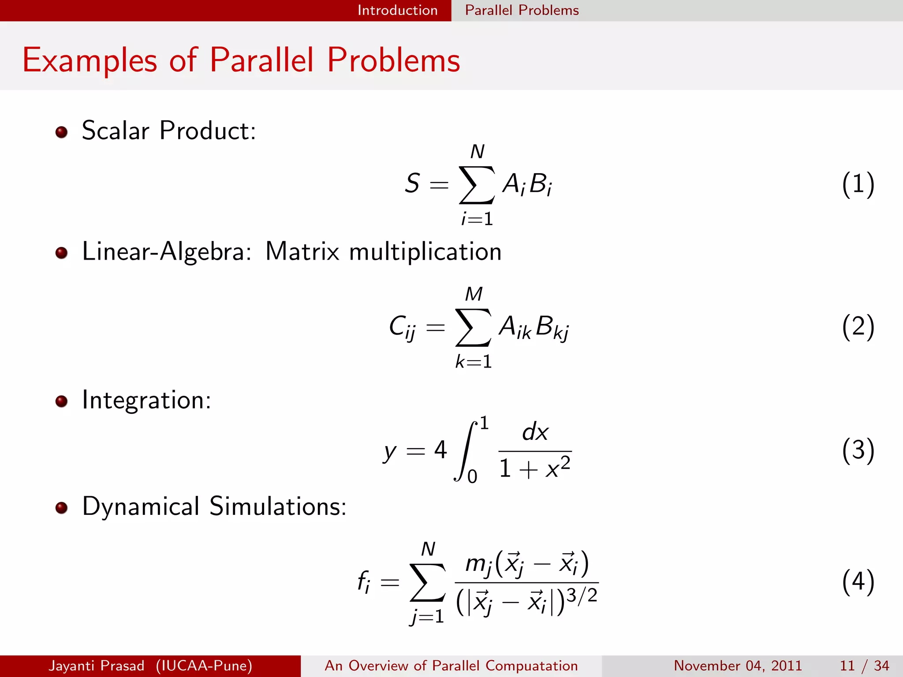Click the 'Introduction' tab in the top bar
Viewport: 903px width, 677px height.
(x=397, y=10)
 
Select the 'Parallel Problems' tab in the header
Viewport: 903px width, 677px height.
(x=522, y=10)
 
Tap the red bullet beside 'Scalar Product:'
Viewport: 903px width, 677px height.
(x=61, y=132)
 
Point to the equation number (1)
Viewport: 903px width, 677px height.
(x=858, y=184)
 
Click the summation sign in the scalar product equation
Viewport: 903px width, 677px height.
(x=477, y=185)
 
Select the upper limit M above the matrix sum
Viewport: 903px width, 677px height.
(x=474, y=294)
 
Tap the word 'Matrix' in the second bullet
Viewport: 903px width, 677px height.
(x=302, y=252)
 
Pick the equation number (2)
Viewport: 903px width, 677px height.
(x=858, y=327)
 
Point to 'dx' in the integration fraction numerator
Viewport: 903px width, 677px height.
(x=535, y=432)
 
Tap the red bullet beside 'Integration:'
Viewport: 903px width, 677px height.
(x=61, y=402)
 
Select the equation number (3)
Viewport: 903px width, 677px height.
(x=858, y=450)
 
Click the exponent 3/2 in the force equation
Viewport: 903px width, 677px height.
(x=582, y=596)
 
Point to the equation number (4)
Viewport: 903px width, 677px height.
(x=858, y=582)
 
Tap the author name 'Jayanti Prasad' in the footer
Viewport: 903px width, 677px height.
(x=97, y=666)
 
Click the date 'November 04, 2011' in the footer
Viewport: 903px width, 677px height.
(x=738, y=666)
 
